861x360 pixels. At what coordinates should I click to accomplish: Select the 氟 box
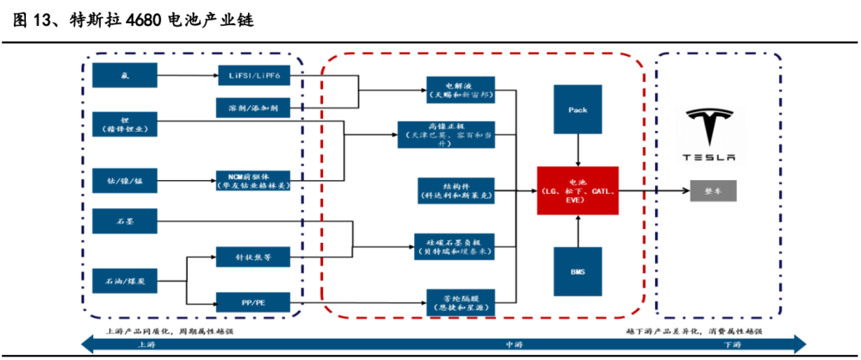pos(124,75)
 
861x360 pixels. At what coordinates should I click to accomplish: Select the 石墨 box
pos(124,221)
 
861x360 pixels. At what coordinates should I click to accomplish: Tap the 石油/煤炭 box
pos(124,280)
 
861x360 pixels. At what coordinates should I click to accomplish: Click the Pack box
pos(578,110)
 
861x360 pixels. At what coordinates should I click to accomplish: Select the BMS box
pos(578,270)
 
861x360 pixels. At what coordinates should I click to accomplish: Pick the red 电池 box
pos(578,190)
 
